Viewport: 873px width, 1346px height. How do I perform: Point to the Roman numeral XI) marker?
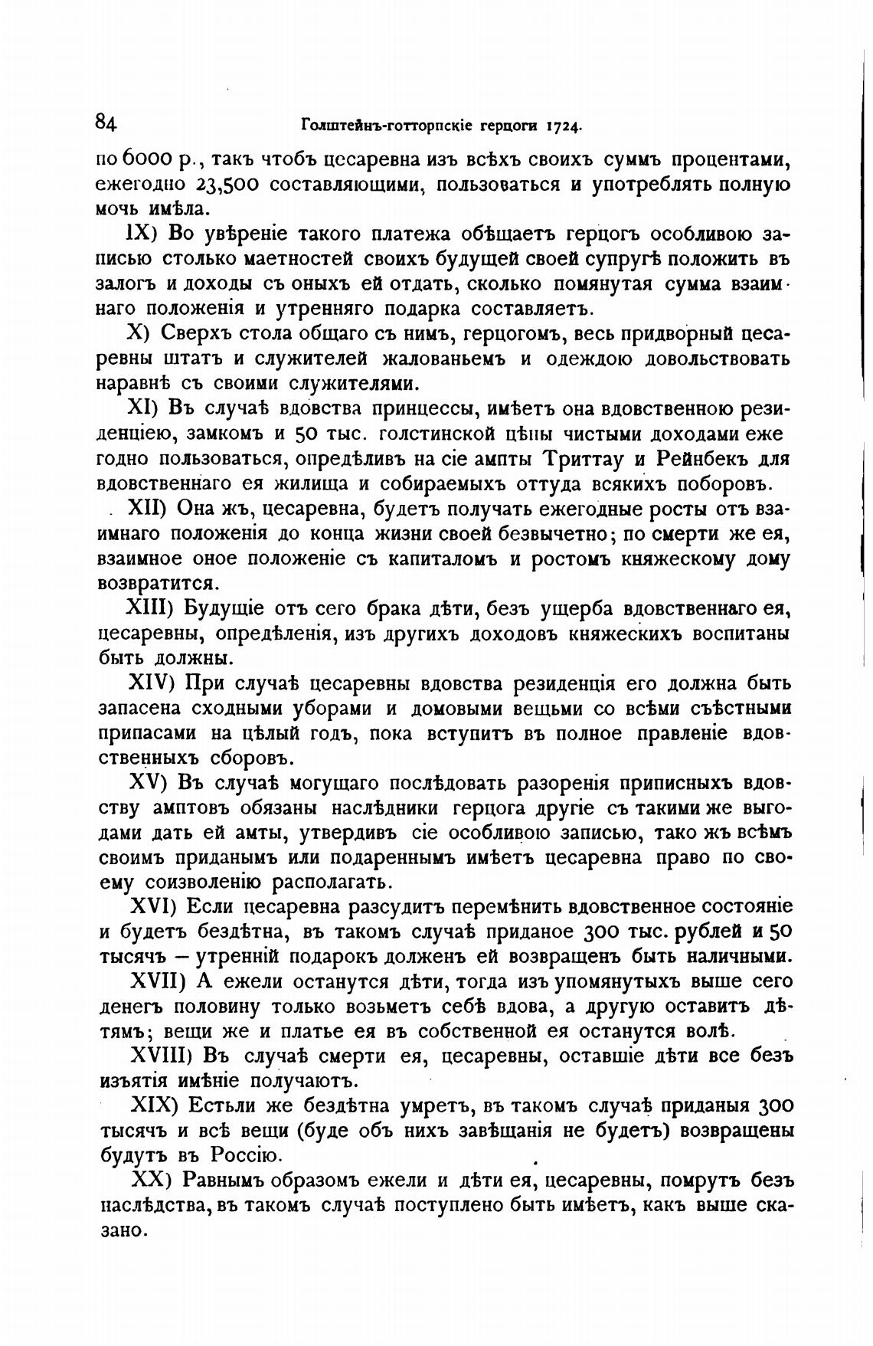click(142, 409)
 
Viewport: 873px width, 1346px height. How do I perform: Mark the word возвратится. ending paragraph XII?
click(159, 584)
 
